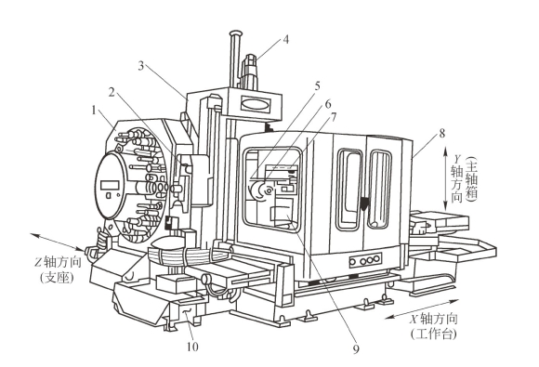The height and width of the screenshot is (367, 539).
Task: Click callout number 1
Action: click(x=94, y=111)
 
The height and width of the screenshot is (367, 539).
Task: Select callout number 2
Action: click(x=112, y=92)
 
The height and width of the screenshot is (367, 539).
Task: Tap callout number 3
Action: click(x=141, y=66)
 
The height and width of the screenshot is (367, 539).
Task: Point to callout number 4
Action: click(x=285, y=40)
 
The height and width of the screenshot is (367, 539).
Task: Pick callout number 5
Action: click(x=317, y=85)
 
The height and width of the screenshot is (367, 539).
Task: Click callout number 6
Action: click(x=328, y=103)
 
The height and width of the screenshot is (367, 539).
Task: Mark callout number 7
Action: click(x=333, y=118)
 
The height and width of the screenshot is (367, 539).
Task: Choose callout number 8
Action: click(x=442, y=133)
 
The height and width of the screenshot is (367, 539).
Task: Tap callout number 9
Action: click(x=356, y=348)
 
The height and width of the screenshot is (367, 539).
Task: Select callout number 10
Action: click(x=192, y=347)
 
